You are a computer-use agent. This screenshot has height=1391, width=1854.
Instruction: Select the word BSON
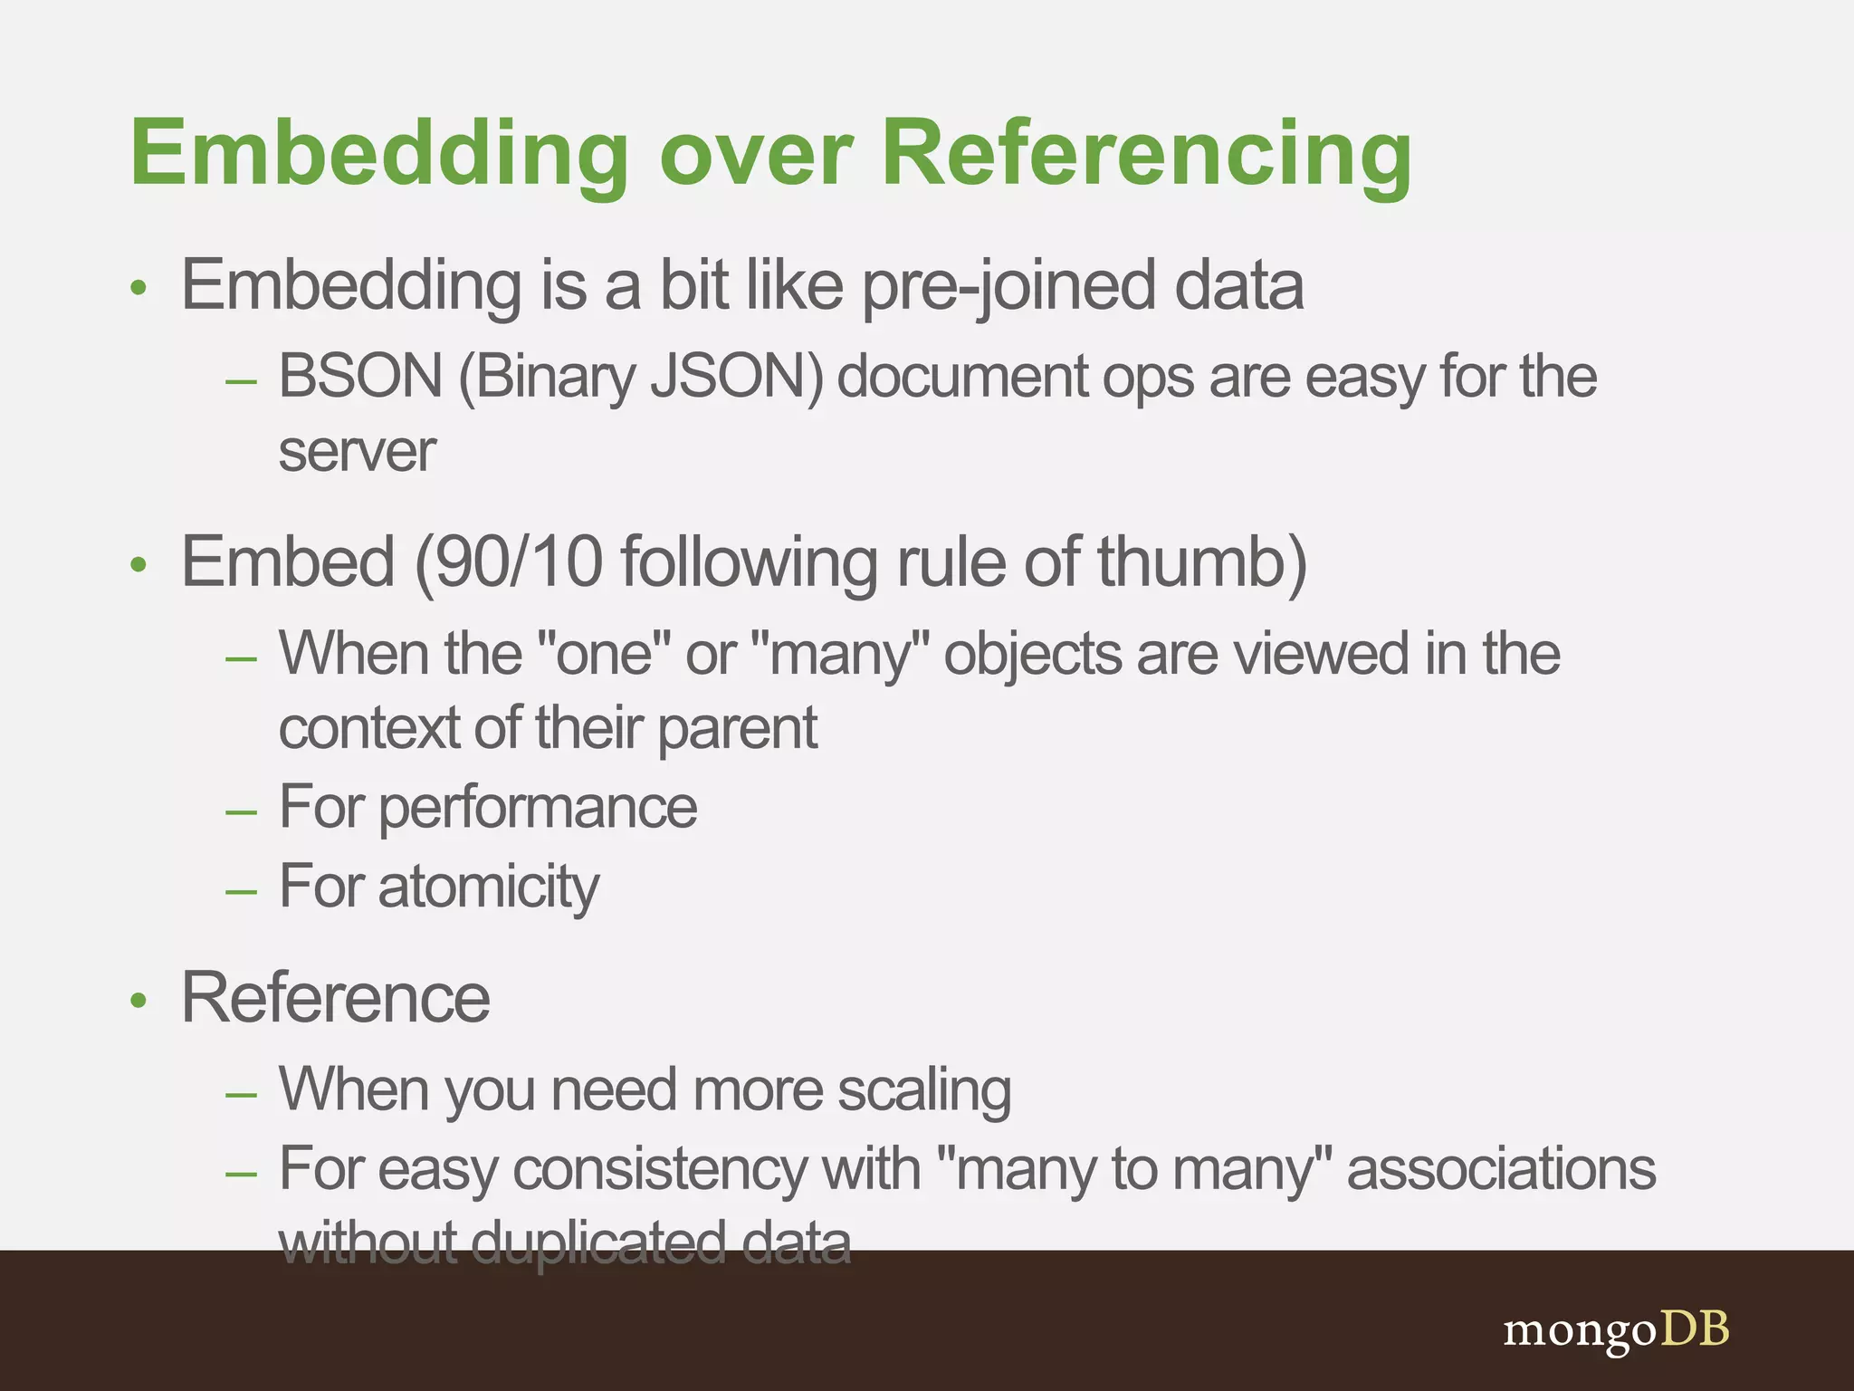360,376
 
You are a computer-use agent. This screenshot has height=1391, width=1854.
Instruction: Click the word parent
737,728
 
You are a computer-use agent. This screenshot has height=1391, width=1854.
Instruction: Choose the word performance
538,808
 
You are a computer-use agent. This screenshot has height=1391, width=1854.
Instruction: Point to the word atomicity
489,887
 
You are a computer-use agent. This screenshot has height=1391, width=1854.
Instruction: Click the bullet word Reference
336,998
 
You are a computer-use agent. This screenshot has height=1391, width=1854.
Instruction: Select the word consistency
660,1169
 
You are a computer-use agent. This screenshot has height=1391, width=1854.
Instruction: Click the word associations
1501,1169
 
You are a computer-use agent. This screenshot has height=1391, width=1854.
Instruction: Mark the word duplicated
598,1242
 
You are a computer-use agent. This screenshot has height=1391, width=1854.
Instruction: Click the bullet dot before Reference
138,1002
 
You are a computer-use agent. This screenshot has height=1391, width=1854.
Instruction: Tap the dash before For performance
242,811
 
